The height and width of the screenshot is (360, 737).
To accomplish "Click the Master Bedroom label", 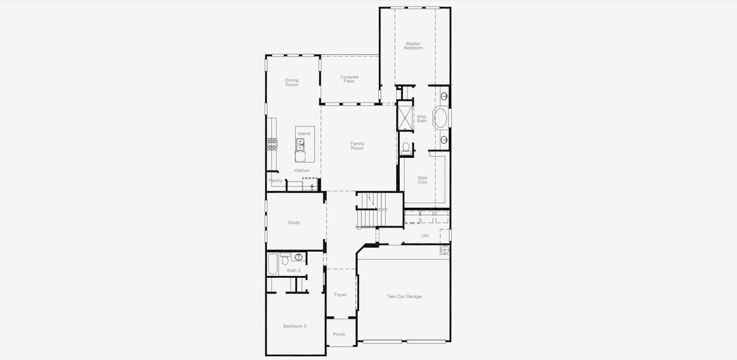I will (413, 46).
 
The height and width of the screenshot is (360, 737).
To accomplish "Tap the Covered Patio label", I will (349, 79).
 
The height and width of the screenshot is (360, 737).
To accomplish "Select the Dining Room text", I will (292, 83).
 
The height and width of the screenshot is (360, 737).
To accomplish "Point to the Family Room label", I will (357, 146).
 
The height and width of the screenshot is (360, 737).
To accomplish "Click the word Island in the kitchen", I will (304, 133).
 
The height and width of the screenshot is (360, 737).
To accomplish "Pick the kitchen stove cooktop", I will (272, 143).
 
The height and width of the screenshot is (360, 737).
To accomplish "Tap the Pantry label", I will (275, 181).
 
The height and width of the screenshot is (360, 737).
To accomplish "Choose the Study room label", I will (293, 223).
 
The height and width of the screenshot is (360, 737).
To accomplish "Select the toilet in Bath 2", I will (285, 259).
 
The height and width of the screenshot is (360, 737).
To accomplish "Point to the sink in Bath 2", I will (298, 257).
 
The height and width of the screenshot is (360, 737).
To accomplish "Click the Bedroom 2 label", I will (295, 326).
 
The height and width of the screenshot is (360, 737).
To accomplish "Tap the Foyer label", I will (340, 295).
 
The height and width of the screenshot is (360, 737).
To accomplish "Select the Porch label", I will (339, 334).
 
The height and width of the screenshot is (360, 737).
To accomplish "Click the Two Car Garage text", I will (404, 296).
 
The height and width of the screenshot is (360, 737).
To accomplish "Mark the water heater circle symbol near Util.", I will (444, 250).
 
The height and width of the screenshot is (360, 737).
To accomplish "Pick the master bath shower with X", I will (406, 116).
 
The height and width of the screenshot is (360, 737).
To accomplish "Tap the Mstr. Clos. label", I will (423, 179).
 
